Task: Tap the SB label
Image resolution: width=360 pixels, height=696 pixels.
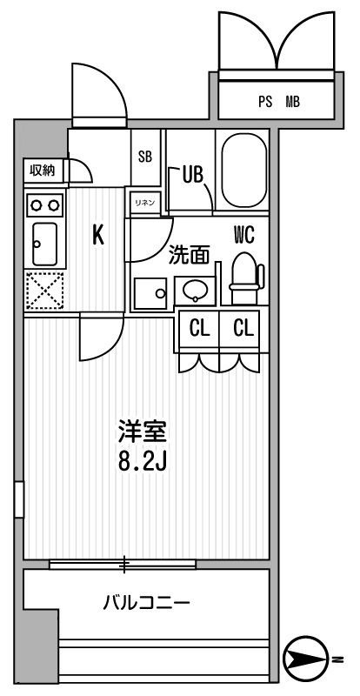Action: [x=145, y=157]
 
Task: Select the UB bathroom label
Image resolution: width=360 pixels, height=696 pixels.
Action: [x=192, y=174]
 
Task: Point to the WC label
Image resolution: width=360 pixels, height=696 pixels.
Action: [x=243, y=233]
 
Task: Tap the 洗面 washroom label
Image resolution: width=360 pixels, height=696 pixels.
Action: [x=190, y=256]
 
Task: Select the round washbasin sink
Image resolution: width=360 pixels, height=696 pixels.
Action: [x=193, y=291]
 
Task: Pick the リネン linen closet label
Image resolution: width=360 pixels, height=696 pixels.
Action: [x=144, y=203]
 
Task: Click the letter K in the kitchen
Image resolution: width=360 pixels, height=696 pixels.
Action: [x=98, y=235]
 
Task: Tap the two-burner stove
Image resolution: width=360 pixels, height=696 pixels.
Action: [x=43, y=204]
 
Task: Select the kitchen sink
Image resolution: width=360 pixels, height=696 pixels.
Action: [x=43, y=244]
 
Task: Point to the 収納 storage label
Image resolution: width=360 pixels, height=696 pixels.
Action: [x=42, y=171]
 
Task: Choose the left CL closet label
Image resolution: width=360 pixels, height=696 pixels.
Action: [x=199, y=329]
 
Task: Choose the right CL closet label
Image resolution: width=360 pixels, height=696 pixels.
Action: [x=243, y=329]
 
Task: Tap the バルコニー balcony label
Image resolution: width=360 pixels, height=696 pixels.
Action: [x=146, y=602]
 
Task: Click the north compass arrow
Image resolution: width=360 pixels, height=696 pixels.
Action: [x=310, y=658]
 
